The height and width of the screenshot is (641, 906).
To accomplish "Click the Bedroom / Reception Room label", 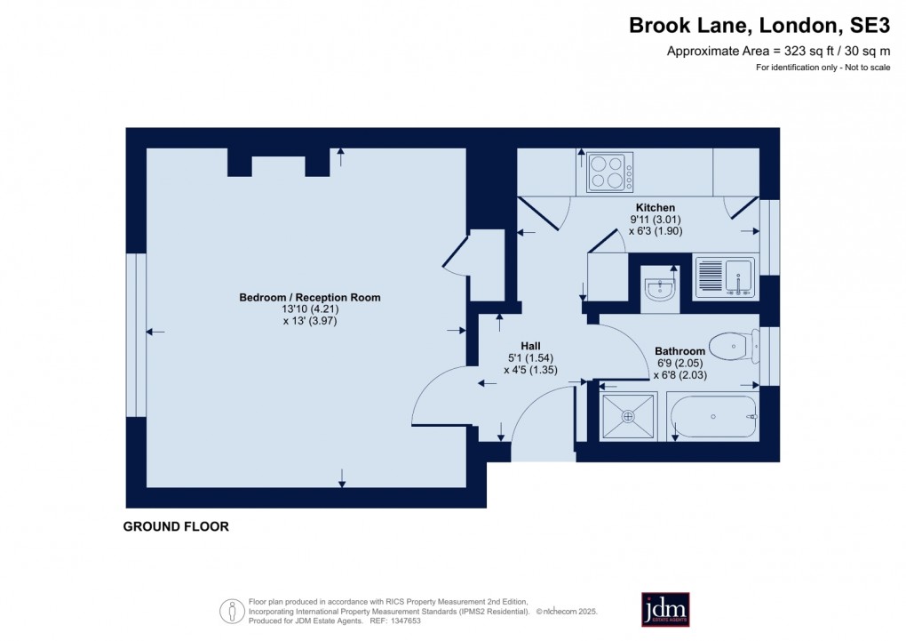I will [309, 297].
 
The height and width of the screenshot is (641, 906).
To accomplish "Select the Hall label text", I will [530, 346].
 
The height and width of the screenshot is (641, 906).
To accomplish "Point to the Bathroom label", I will [679, 351].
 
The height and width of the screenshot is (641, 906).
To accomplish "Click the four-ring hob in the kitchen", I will [610, 172].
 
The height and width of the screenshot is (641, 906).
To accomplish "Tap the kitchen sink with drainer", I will [724, 276].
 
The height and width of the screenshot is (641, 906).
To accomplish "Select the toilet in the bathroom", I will [734, 346].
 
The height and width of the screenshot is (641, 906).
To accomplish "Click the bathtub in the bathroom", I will [713, 417].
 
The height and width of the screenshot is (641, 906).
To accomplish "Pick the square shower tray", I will [629, 416].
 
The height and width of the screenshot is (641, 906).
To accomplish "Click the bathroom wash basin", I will [659, 288].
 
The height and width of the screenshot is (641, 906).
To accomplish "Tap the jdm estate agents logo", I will [665, 609].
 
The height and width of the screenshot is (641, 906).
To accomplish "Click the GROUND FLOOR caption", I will [176, 527].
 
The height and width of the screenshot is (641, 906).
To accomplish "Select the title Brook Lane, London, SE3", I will [759, 26].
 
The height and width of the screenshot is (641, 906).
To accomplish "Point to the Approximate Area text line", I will [778, 52].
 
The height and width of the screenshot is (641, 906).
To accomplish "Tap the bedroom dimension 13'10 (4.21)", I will [309, 309].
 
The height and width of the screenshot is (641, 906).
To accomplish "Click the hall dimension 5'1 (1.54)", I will [530, 358].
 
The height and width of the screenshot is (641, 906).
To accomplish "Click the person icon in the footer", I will [232, 611].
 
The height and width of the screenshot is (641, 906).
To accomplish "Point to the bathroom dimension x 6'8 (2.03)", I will [682, 375].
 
